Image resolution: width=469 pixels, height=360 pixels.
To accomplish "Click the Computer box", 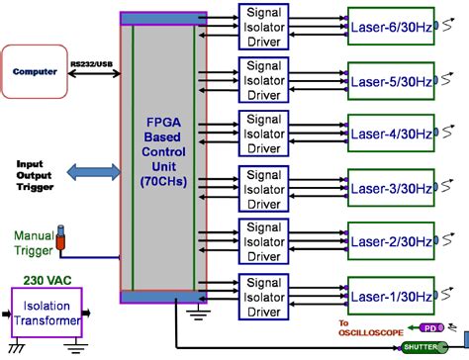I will coord(36,72).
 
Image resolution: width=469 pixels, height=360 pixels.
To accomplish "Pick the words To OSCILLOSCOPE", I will coord(370,326).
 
